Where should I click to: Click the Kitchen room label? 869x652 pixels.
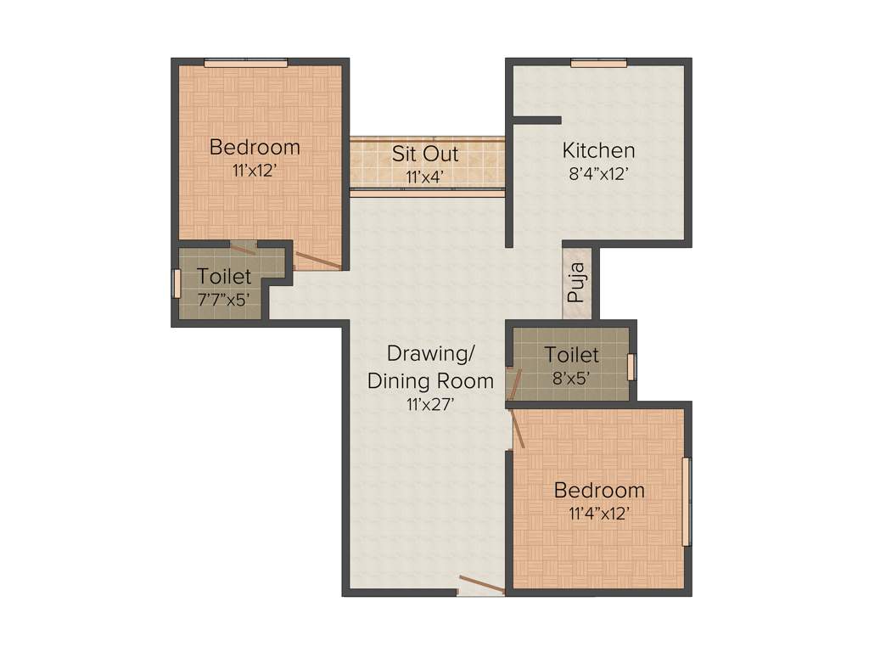point(598,150)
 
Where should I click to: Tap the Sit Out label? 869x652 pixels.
point(425,154)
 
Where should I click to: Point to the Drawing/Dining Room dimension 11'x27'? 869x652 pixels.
point(430,404)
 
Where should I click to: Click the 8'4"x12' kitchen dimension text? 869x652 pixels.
point(598,176)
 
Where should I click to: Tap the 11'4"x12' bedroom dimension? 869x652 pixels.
point(598,513)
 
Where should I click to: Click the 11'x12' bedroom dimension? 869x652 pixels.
point(255,170)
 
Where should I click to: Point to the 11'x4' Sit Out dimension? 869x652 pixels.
point(425,177)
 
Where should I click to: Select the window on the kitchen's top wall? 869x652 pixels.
point(598,62)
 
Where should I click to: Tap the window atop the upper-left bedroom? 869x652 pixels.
point(245,62)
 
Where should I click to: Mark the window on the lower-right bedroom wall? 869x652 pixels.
point(687,501)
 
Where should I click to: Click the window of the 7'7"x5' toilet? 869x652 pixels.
point(177,284)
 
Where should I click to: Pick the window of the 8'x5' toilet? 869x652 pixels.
point(631,366)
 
